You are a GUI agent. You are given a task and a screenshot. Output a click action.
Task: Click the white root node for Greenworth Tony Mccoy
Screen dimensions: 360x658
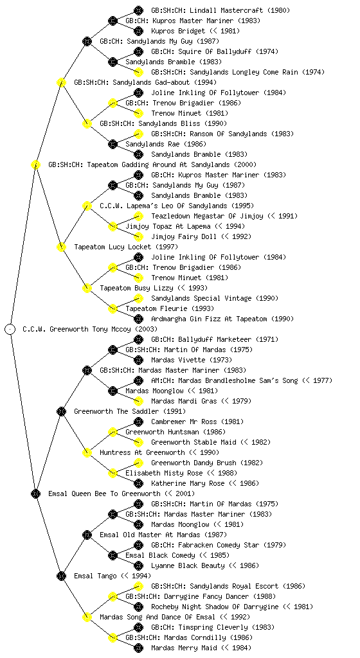pyautogui.click(x=10, y=329)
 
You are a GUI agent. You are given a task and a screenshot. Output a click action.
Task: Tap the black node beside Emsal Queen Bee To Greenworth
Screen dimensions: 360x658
pyautogui.click(x=35, y=493)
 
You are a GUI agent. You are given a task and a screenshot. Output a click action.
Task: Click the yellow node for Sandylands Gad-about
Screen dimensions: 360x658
pyautogui.click(x=61, y=82)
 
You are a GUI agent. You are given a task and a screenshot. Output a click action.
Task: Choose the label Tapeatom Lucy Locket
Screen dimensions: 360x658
pyautogui.click(x=113, y=247)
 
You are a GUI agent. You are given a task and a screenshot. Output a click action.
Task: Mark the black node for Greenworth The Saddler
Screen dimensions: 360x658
pyautogui.click(x=61, y=411)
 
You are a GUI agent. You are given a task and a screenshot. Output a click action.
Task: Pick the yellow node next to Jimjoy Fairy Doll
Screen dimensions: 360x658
pyautogui.click(x=138, y=236)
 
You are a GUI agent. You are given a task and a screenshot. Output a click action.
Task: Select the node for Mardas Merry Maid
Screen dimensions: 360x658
pyautogui.click(x=138, y=648)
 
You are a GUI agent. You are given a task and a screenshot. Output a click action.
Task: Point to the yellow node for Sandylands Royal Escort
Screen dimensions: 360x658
pyautogui.click(x=138, y=586)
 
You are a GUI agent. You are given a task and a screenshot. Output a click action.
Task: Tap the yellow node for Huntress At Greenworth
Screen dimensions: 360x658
pyautogui.click(x=87, y=452)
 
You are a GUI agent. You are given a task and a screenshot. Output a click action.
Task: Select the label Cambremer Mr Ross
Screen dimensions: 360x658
pyautogui.click(x=184, y=422)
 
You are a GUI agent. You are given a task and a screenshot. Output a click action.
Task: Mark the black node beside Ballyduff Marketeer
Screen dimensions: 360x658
pyautogui.click(x=138, y=339)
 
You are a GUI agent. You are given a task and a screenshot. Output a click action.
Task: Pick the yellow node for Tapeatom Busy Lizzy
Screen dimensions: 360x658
pyautogui.click(x=87, y=288)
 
